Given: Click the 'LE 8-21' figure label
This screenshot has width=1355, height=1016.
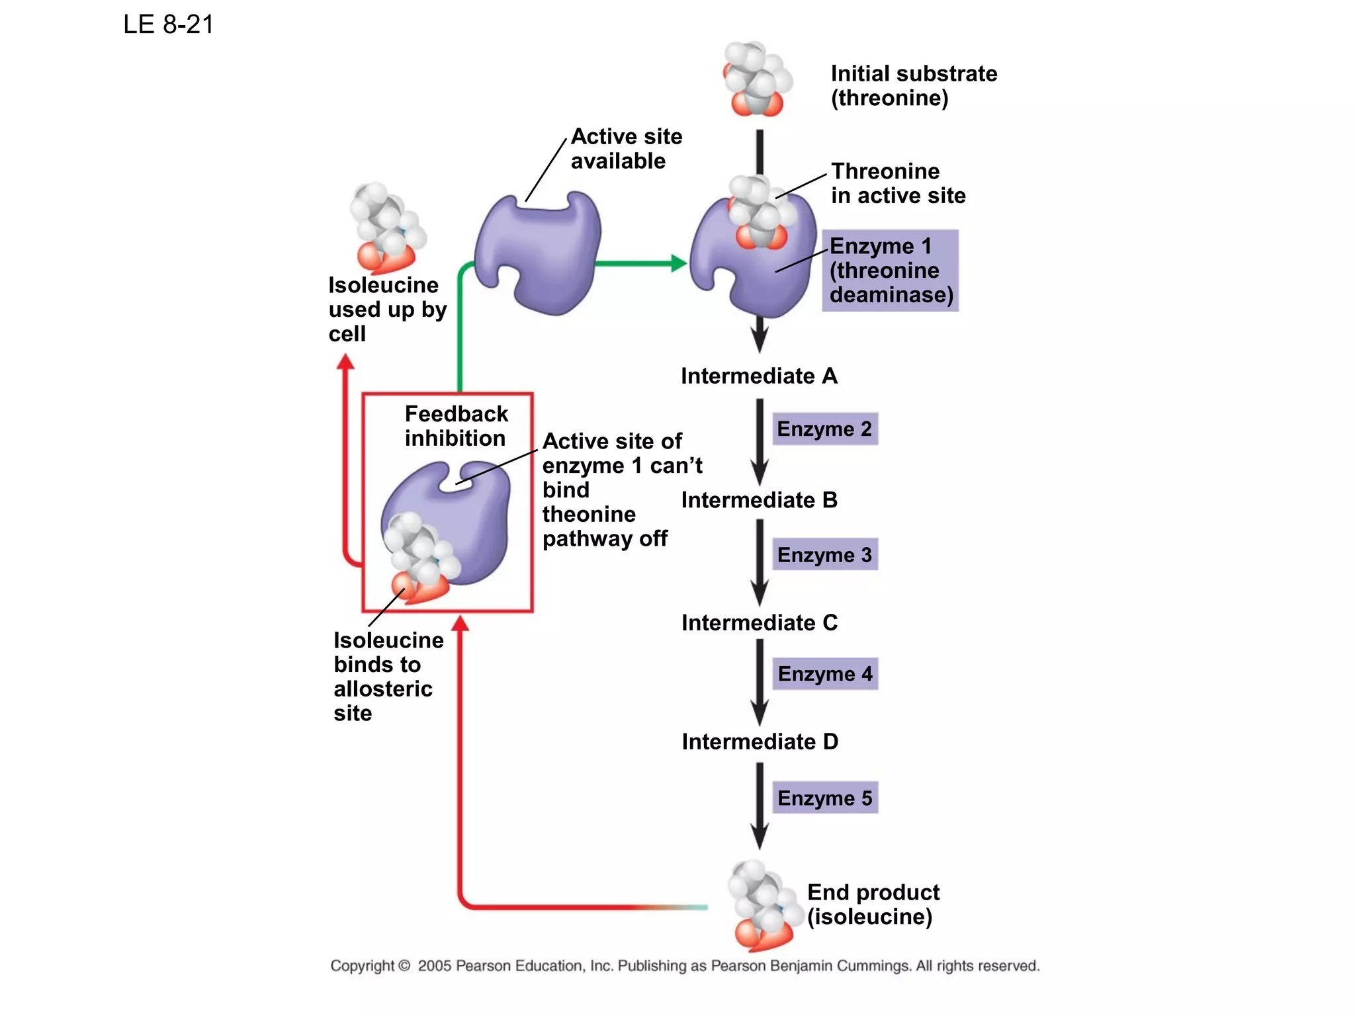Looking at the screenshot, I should [168, 24].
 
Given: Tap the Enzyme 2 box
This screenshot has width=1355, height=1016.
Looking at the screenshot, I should [824, 429].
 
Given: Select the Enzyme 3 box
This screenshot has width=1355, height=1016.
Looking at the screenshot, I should [824, 554].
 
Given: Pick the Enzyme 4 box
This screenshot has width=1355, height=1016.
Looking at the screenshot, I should [824, 673].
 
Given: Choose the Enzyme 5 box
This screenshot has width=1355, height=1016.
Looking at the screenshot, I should [824, 798].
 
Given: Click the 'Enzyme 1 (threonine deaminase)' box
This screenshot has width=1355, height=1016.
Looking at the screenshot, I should [890, 271].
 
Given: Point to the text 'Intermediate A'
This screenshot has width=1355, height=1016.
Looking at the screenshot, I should [759, 376].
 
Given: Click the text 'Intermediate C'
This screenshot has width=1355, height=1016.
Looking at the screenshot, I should [759, 622].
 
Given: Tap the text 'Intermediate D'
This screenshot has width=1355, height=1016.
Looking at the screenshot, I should [760, 741].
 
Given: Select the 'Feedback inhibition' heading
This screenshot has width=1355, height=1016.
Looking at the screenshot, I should [456, 426].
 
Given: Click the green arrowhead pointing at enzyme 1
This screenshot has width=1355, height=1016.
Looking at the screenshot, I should [679, 263].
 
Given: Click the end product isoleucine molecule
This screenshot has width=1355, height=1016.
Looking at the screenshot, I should [761, 905].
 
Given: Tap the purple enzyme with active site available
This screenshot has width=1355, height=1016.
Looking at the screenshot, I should [539, 255].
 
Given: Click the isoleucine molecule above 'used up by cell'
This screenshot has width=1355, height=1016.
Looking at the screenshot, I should [386, 228].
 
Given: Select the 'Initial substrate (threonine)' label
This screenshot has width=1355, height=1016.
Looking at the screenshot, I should [913, 85].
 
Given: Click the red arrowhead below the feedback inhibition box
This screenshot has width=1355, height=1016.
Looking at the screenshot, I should [460, 623].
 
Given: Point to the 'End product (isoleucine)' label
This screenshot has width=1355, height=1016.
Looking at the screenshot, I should [872, 904].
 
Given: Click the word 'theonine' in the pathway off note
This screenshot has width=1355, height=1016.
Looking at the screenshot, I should [588, 514].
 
